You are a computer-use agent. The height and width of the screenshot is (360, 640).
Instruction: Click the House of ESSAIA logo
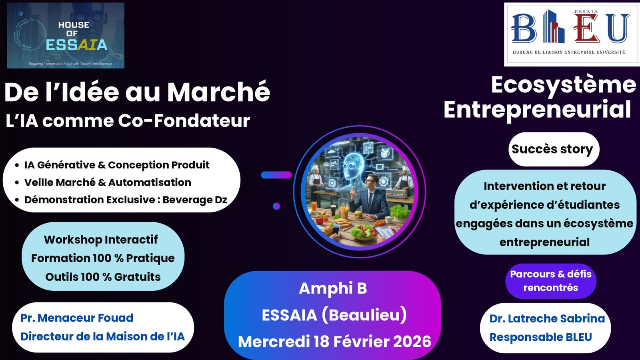[66, 36]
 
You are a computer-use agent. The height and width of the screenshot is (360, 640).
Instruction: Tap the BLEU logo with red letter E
[572, 34]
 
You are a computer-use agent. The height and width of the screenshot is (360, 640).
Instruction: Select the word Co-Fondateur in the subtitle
[184, 120]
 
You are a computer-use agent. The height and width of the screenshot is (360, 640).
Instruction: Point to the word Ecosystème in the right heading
[564, 86]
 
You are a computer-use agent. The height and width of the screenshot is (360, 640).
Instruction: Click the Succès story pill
[554, 149]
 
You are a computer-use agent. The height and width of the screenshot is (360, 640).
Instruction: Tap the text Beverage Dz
[195, 200]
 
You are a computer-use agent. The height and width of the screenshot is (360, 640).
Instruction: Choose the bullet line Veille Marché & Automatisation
[108, 182]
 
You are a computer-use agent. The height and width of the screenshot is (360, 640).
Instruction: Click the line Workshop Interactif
[100, 240]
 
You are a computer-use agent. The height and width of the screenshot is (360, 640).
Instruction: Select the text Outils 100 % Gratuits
[103, 276]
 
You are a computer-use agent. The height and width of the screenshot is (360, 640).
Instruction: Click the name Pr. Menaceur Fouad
[77, 318]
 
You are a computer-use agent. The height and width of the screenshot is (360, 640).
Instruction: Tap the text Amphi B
[333, 288]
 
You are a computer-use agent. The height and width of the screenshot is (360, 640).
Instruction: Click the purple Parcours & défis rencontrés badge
[550, 281]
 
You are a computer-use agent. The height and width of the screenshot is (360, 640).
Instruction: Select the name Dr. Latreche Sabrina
[547, 318]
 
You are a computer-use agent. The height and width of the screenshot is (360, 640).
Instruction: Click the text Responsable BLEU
[540, 337]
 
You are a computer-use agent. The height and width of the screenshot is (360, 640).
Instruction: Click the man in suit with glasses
[369, 197]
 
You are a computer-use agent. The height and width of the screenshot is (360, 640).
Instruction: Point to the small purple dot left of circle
[276, 206]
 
